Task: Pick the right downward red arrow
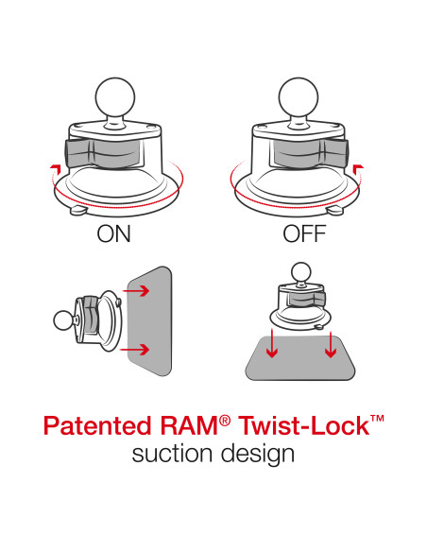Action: point(331,348)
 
